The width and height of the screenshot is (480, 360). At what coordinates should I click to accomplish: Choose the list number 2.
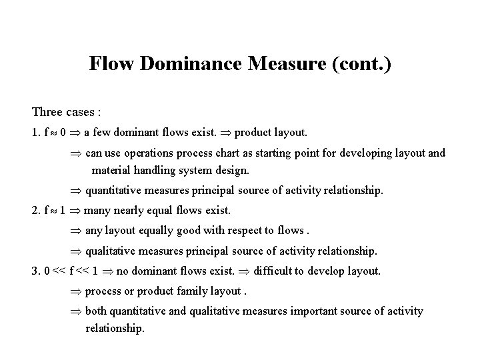(x=35, y=211)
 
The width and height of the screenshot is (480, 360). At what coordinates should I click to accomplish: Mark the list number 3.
(x=35, y=271)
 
